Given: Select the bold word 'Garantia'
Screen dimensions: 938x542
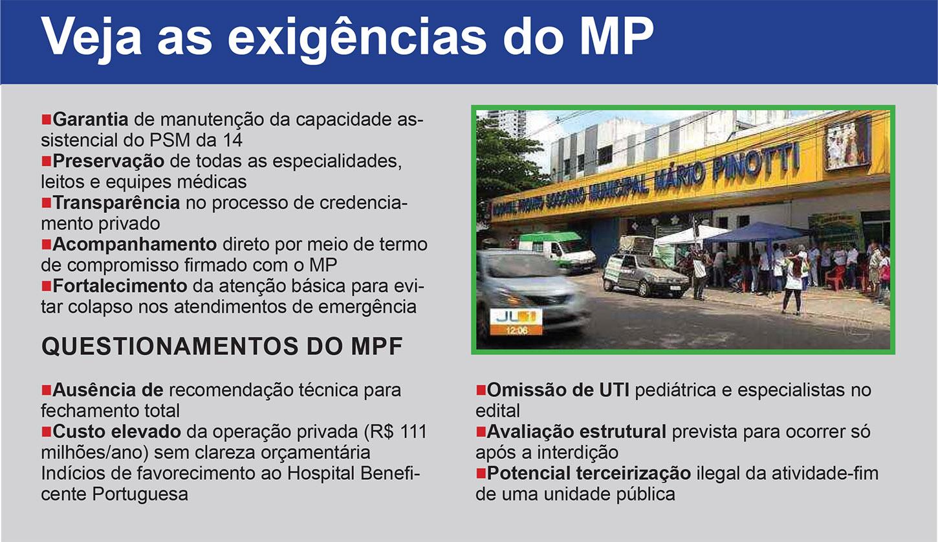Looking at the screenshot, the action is pos(91,119).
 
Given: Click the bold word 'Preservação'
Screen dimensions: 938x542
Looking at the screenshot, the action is pos(109,161).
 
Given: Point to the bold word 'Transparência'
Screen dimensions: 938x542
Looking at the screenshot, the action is pos(116,203).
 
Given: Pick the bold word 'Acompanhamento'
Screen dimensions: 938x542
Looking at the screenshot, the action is pos(135,244).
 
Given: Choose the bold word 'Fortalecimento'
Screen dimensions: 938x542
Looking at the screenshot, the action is pos(120,286).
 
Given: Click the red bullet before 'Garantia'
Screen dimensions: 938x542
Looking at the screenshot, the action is pos(46,119).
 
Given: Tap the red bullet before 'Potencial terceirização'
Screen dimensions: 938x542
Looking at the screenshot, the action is pos(481,473).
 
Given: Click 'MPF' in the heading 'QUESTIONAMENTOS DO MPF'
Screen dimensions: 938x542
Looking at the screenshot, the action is pos(376,346).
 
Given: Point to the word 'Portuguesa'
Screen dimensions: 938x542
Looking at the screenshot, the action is pos(140,495).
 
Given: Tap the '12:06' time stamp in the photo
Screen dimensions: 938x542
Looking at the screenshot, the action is pos(516,331).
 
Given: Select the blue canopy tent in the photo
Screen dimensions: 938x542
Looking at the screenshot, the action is pos(757,233).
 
